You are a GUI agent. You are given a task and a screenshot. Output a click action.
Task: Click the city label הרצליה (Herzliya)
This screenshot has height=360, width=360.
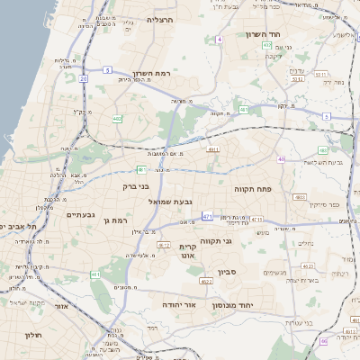tap(161, 19)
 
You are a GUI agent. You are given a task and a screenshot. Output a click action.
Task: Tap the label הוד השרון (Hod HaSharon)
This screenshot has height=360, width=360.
tap(264, 34)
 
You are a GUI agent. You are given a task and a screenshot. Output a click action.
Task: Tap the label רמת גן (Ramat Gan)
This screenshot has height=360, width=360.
tap(119, 220)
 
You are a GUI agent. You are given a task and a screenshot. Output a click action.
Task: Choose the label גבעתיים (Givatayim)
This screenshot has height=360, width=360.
tap(81, 215)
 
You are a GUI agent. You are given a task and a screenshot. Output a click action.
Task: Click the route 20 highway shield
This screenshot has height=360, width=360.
tap(84, 78)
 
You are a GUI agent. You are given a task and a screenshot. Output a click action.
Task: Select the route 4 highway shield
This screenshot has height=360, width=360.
tap(220, 40)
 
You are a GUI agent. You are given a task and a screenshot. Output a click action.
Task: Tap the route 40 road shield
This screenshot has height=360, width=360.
tap(282, 158)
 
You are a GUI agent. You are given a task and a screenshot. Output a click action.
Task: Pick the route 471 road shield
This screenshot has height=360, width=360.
tap(208, 217)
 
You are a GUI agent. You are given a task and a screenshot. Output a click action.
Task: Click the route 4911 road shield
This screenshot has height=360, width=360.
tap(213, 148)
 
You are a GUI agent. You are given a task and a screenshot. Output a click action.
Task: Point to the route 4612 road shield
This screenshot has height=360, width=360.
tap(164, 245)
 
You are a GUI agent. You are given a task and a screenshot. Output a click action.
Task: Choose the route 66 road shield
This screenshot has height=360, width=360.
tap(323, 342)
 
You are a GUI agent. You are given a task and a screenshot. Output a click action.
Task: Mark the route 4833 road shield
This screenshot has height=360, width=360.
tap(301, 196)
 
